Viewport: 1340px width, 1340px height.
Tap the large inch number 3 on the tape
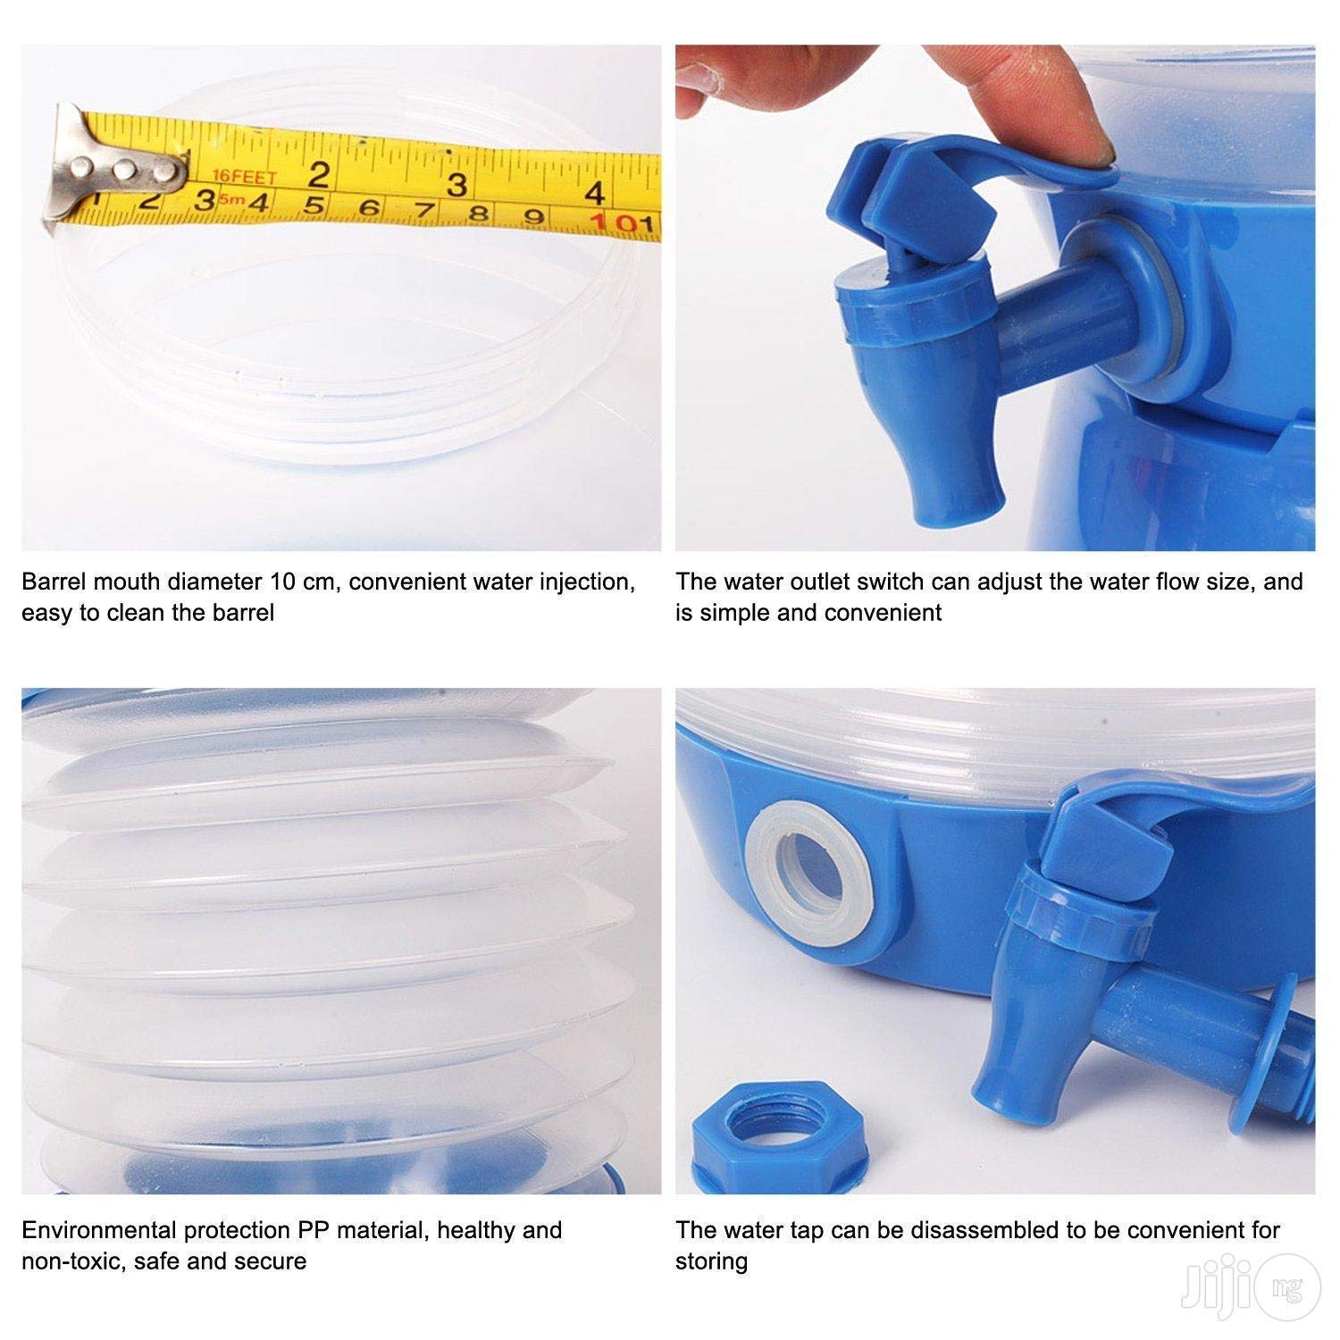[456, 185]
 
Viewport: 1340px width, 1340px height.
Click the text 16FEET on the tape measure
[245, 176]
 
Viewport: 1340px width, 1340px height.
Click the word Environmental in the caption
[99, 1230]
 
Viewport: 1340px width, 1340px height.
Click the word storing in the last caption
[711, 1262]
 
